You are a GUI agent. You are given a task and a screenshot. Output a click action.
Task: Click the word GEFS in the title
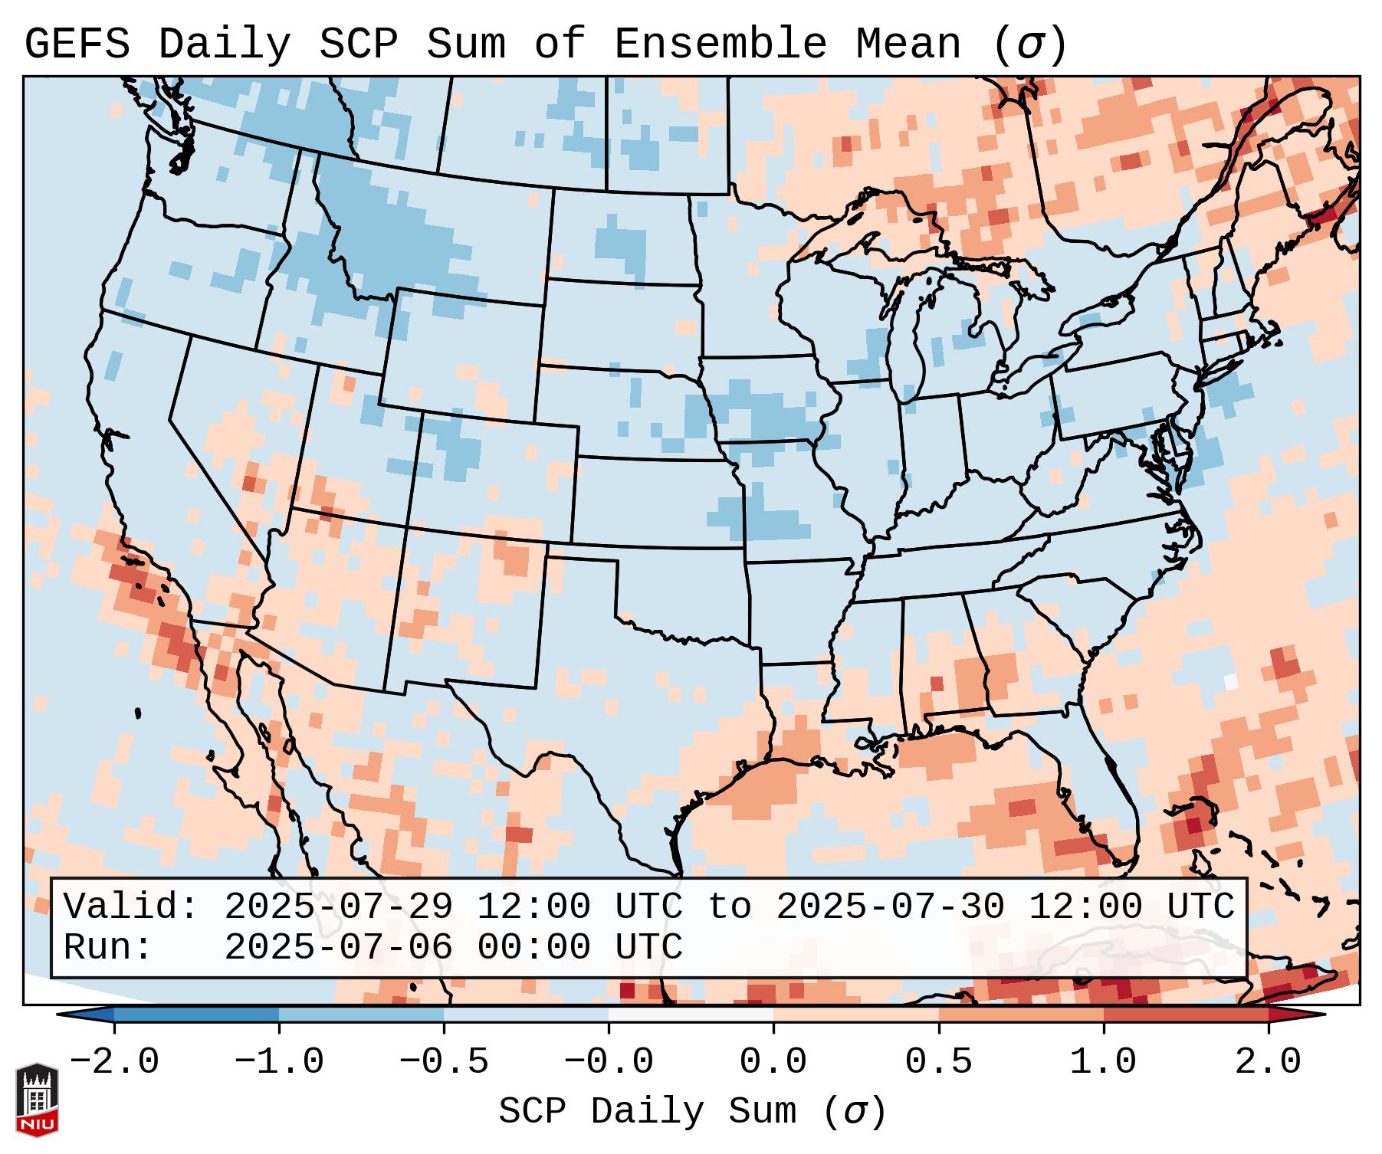(77, 44)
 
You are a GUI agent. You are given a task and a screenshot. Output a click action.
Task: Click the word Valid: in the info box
(131, 907)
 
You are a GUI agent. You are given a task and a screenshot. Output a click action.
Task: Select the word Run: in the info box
(108, 948)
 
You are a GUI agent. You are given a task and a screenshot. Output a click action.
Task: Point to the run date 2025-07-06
(338, 948)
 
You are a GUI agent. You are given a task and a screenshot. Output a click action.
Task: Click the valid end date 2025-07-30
(890, 907)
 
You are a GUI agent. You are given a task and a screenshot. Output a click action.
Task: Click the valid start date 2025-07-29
(338, 907)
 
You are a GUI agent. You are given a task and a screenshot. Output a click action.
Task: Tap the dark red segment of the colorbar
(1186, 1015)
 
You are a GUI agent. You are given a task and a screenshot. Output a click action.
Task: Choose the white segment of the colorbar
(691, 1015)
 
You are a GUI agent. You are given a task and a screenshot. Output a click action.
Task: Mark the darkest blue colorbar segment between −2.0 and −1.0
(196, 1015)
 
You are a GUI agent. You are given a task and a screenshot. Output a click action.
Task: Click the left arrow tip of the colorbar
(61, 1015)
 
